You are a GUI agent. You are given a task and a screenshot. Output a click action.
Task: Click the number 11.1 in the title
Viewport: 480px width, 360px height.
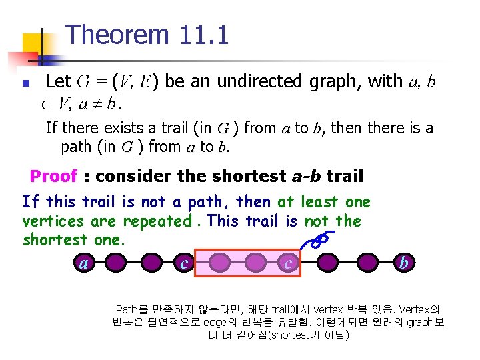point(204,35)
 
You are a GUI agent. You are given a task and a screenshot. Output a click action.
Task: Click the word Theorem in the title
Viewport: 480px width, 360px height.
point(119,35)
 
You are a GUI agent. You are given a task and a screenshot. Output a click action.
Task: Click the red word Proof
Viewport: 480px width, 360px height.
point(53,177)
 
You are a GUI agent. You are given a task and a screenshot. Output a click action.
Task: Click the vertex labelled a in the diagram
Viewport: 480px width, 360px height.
point(83,263)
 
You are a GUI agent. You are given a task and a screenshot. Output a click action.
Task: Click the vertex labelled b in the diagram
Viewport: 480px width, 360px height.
point(403,263)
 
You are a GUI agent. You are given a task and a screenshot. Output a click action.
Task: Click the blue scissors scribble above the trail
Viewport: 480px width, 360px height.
point(319,239)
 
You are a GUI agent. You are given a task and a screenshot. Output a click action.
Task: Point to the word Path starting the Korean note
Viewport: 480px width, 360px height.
point(126,309)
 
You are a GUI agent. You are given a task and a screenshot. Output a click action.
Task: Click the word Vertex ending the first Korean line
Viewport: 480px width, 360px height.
point(418,309)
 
